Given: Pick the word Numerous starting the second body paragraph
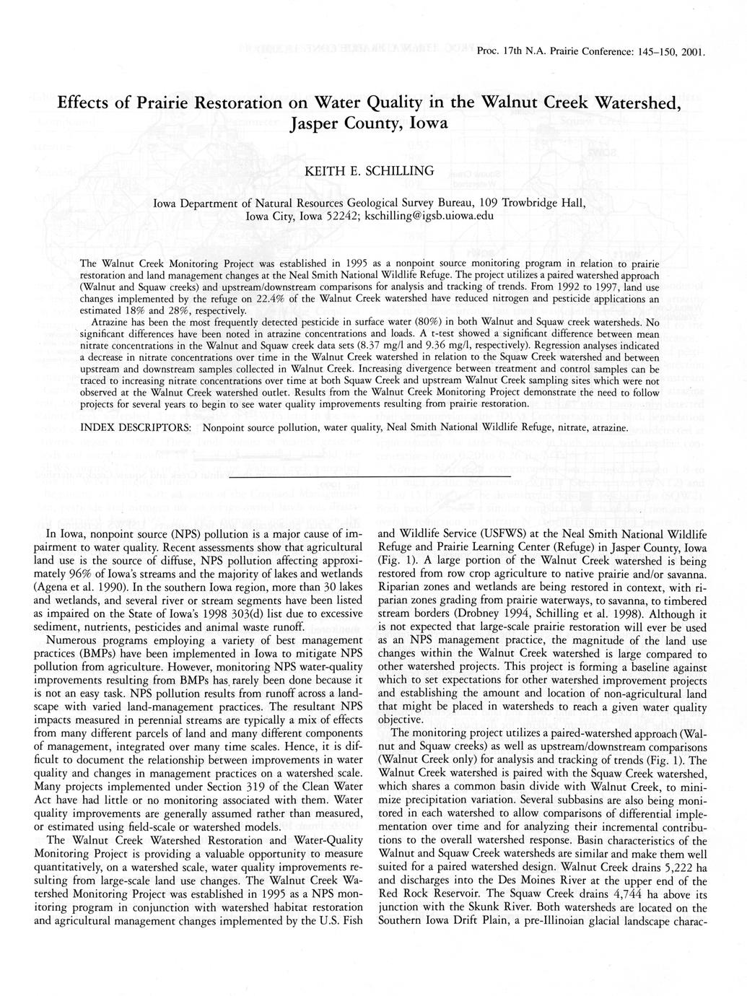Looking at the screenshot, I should click(73, 639).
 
